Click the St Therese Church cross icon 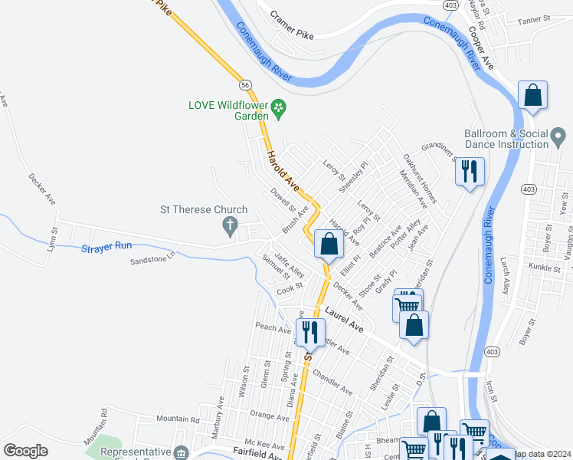pyautogui.click(x=228, y=225)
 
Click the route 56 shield pyautogui.click(x=244, y=84)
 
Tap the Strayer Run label pyautogui.click(x=106, y=247)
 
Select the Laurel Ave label pyautogui.click(x=343, y=318)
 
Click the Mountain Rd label pyautogui.click(x=177, y=419)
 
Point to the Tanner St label pyautogui.click(x=535, y=18)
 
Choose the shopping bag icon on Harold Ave pyautogui.click(x=329, y=245)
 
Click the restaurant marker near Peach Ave pyautogui.click(x=309, y=331)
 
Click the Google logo pyautogui.click(x=25, y=451)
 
